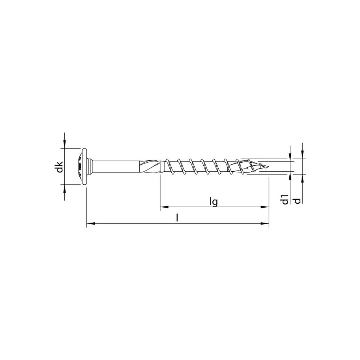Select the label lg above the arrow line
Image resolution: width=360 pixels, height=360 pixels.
(x=214, y=202)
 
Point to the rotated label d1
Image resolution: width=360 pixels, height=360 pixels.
(x=285, y=200)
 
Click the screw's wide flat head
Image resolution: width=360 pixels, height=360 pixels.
(x=83, y=167)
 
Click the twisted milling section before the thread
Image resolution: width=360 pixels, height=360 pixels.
(x=152, y=166)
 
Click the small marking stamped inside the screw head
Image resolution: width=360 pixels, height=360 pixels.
(x=79, y=166)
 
